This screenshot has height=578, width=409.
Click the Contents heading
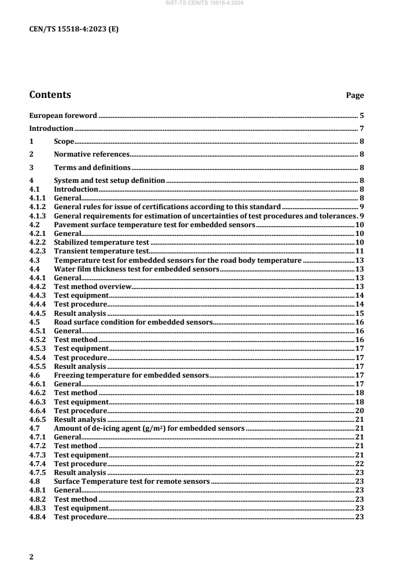click(50, 95)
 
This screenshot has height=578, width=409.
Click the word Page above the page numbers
click(355, 95)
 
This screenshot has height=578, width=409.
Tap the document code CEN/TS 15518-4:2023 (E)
click(74, 29)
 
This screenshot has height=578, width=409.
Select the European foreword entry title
click(63, 115)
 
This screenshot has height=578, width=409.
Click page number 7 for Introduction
click(363, 128)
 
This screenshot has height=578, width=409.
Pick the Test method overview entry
click(93, 286)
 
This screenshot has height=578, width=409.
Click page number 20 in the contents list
click(360, 411)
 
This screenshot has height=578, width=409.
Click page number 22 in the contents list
click(360, 464)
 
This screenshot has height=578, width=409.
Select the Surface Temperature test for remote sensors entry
click(132, 482)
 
